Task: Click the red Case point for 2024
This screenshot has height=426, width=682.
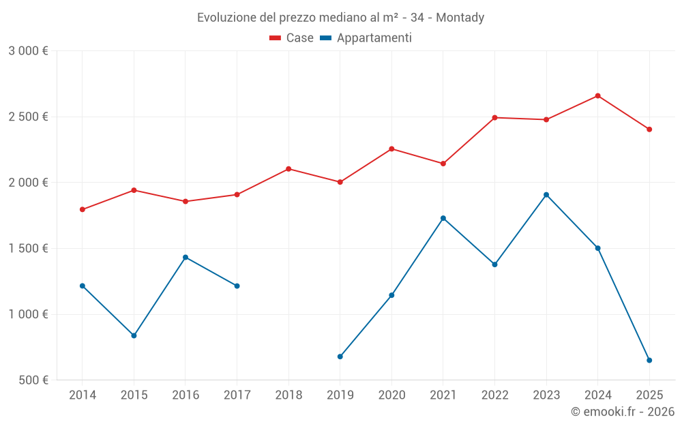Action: coord(598,95)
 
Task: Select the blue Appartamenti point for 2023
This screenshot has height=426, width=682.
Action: coord(546,195)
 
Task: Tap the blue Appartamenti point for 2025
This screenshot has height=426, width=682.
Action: coord(649,360)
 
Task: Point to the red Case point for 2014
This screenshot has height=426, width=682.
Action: coord(83,209)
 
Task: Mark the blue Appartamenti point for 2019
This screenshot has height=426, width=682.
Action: coord(340,356)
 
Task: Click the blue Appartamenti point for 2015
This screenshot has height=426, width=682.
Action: coord(134,335)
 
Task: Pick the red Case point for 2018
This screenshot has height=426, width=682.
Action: coord(288,168)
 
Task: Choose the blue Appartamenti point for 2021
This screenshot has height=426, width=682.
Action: coord(443,218)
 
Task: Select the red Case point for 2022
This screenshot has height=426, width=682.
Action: coord(495,117)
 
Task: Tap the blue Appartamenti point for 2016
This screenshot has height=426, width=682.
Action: coord(186,257)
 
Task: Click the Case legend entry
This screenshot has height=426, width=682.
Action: coord(291,38)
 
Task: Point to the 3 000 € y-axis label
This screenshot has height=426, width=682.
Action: coord(28,51)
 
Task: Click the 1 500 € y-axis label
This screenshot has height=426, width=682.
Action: coord(28,248)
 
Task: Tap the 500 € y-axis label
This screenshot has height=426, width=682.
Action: coord(33,380)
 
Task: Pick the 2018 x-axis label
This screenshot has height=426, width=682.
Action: coord(288,395)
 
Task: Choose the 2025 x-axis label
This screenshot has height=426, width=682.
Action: coord(649,395)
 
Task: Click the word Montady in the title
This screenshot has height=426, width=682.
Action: coord(460,18)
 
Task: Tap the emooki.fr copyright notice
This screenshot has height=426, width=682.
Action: coord(623,412)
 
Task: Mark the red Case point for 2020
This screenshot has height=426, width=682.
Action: coord(391,149)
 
